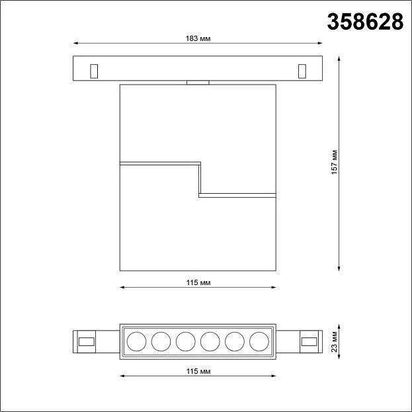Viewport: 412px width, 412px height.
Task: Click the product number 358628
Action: pos(365,22)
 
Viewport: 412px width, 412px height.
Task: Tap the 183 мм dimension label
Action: pos(198,38)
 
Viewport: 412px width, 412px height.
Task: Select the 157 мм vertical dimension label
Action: pos(334,162)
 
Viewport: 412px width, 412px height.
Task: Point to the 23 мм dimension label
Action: pos(334,342)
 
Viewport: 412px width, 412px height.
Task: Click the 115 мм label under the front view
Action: pos(198,283)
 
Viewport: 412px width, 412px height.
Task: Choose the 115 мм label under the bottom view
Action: pos(198,371)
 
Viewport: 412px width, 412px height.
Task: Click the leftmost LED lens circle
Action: pos(137,342)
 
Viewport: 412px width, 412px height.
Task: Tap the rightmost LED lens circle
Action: pos(259,342)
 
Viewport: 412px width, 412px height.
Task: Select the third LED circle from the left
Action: pos(186,342)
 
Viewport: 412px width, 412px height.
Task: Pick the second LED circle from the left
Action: pos(161,342)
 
